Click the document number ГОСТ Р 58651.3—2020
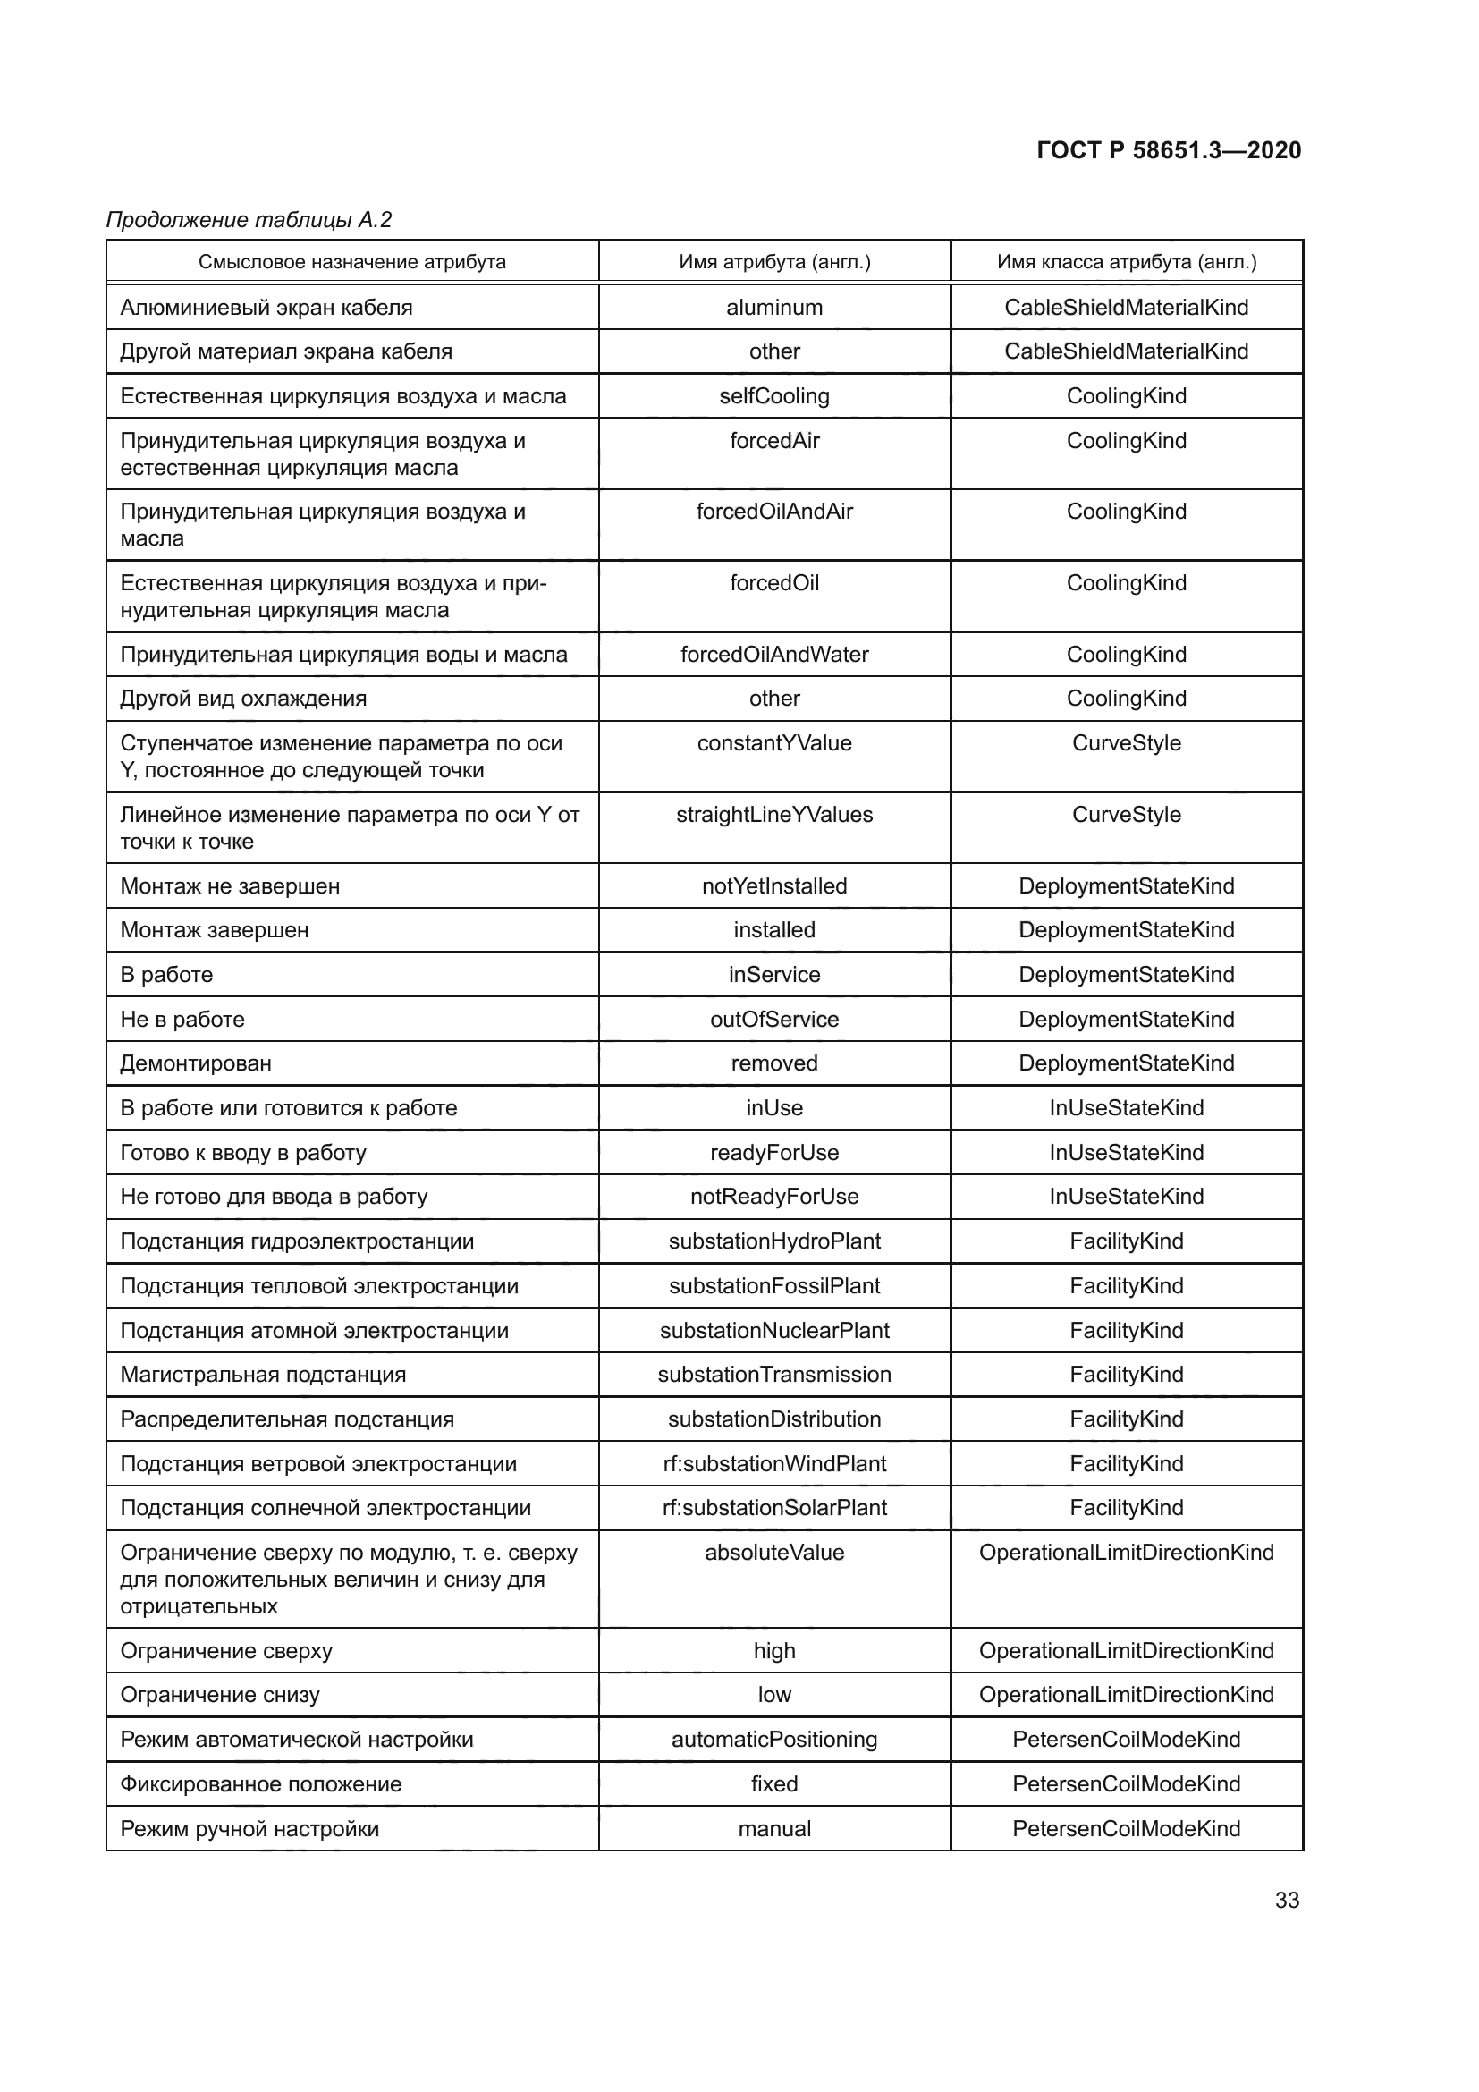click(x=1169, y=150)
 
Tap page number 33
click(x=1287, y=1900)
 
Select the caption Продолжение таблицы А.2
click(x=249, y=220)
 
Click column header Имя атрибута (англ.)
click(x=774, y=262)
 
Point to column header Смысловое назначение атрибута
click(x=351, y=262)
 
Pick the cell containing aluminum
click(x=774, y=307)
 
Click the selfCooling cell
click(x=774, y=396)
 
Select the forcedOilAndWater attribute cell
click(x=774, y=654)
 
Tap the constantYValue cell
click(x=774, y=743)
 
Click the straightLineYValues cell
click(x=774, y=815)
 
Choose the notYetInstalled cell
click(x=774, y=885)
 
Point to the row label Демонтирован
click(x=196, y=1063)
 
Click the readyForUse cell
click(x=774, y=1153)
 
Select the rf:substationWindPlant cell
click(x=774, y=1464)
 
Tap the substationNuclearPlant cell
click(x=774, y=1330)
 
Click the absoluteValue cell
click(x=774, y=1553)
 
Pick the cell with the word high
click(x=774, y=1651)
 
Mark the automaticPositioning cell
click(x=774, y=1740)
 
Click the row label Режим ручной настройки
click(x=249, y=1829)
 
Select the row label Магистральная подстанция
click(x=263, y=1375)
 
